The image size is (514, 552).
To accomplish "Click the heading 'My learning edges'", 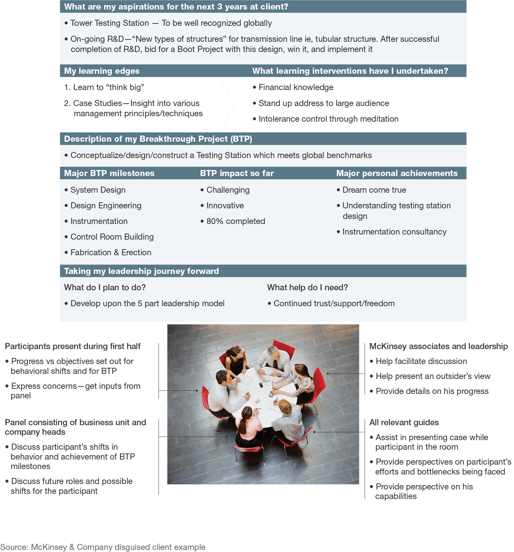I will coord(102,71).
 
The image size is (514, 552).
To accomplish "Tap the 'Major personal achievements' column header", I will coord(397,173).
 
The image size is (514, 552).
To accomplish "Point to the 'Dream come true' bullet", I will coord(374,190).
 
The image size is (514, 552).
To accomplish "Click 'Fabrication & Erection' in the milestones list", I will coord(111,253).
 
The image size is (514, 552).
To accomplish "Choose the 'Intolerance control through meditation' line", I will coord(328,119).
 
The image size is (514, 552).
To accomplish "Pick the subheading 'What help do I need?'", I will coord(307,288).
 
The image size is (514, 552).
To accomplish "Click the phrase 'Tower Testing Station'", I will coord(109,23).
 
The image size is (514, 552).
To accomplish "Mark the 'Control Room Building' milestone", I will coord(112,237).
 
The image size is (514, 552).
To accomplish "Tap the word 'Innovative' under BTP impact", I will coord(225,206).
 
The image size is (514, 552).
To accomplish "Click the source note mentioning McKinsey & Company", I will coord(103,547).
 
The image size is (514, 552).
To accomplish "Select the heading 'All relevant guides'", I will coord(404,422).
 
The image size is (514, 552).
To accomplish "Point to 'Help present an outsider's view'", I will coord(433,376).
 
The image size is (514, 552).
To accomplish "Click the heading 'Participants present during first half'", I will coord(73,346).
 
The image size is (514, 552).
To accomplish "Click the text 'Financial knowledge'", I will coord(296,87).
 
